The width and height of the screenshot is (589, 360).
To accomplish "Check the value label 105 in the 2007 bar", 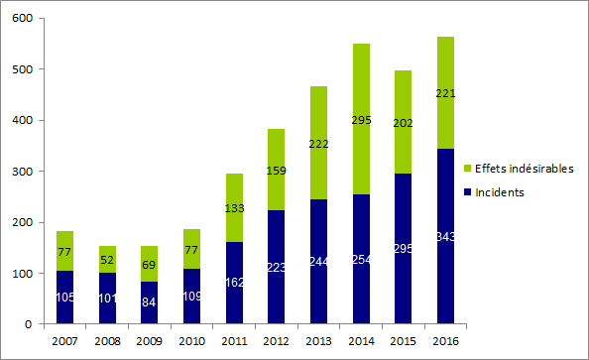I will (x=65, y=298).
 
